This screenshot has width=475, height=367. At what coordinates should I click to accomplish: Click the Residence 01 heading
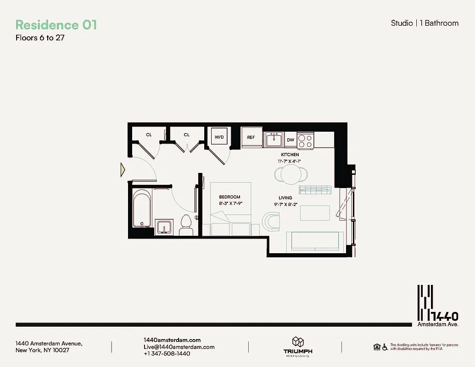(56, 25)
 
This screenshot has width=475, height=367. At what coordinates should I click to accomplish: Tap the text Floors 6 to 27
(40, 38)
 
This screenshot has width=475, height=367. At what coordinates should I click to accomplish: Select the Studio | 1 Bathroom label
(424, 23)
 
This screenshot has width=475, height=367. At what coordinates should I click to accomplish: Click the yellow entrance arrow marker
(123, 170)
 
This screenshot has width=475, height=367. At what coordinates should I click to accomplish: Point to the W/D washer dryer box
(219, 137)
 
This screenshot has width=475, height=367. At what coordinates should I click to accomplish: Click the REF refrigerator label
(251, 138)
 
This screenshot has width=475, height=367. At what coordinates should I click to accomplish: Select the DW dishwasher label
(291, 139)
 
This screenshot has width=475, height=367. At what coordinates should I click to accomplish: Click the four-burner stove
(305, 140)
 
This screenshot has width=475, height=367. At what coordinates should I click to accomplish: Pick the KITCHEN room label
(290, 155)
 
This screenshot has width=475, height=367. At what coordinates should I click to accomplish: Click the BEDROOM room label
(229, 197)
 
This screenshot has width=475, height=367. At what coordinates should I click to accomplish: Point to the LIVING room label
(285, 198)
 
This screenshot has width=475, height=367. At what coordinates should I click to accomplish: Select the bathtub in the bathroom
(142, 209)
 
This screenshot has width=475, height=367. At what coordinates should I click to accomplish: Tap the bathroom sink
(162, 227)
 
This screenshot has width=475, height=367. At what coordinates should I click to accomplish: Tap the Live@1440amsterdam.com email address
(179, 347)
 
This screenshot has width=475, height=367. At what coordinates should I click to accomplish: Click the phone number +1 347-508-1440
(167, 354)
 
